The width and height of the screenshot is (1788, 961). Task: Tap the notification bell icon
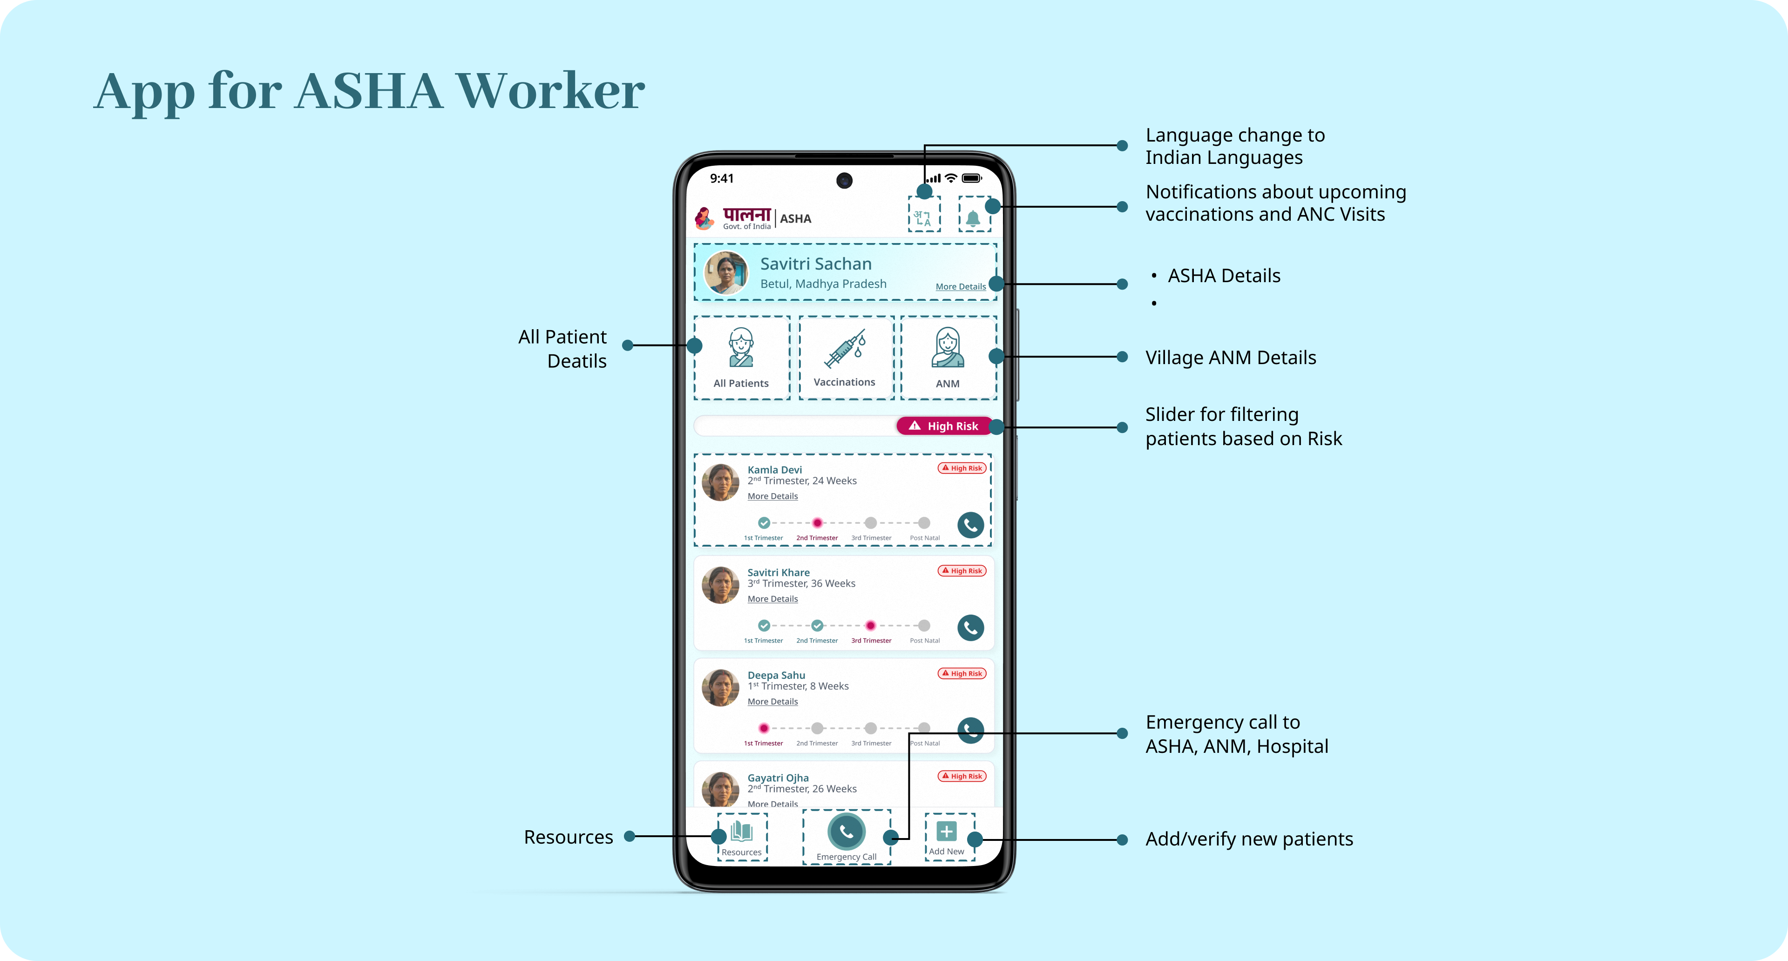[x=973, y=218]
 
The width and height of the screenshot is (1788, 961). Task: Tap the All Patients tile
[x=741, y=357]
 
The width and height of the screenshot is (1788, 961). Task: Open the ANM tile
[x=948, y=357]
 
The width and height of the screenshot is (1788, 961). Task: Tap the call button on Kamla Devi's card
[x=970, y=525]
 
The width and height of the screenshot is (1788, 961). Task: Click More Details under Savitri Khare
[x=772, y=599]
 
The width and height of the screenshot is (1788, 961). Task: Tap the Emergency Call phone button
[x=846, y=831]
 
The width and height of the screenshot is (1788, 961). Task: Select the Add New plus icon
[x=946, y=831]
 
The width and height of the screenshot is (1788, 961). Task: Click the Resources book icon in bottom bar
[x=741, y=831]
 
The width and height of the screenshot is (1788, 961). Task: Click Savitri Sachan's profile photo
[x=726, y=273]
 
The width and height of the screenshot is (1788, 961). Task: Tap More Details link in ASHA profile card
[x=960, y=286]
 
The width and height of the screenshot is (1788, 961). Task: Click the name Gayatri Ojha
[x=778, y=778]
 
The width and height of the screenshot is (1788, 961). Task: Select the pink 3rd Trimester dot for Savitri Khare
[x=870, y=626]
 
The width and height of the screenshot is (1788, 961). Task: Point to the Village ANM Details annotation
[x=1230, y=357]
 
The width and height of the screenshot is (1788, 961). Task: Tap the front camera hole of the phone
[x=844, y=180]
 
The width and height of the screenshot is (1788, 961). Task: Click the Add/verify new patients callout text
[x=1249, y=839]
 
